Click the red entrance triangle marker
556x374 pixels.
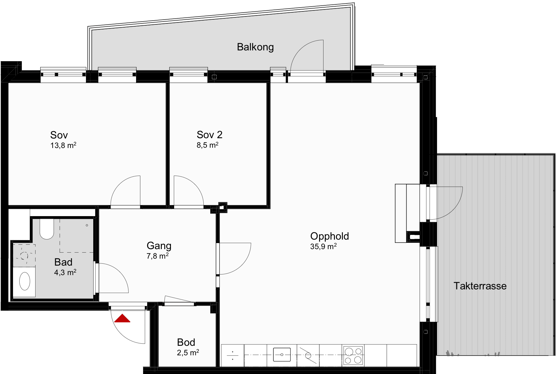tap(122, 319)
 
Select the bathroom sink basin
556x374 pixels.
tap(25, 281)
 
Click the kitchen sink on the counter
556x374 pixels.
tap(282, 355)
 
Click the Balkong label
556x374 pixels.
tap(255, 47)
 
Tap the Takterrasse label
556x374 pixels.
tap(480, 286)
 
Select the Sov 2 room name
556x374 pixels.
tap(209, 135)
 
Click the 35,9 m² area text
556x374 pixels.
tap(323, 246)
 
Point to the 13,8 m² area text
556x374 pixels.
tap(63, 145)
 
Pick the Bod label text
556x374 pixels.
tap(186, 342)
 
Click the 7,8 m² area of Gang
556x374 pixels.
tap(157, 256)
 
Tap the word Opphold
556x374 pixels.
tap(330, 236)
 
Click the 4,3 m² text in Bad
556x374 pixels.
tap(65, 273)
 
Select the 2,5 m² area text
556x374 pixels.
tap(188, 352)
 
